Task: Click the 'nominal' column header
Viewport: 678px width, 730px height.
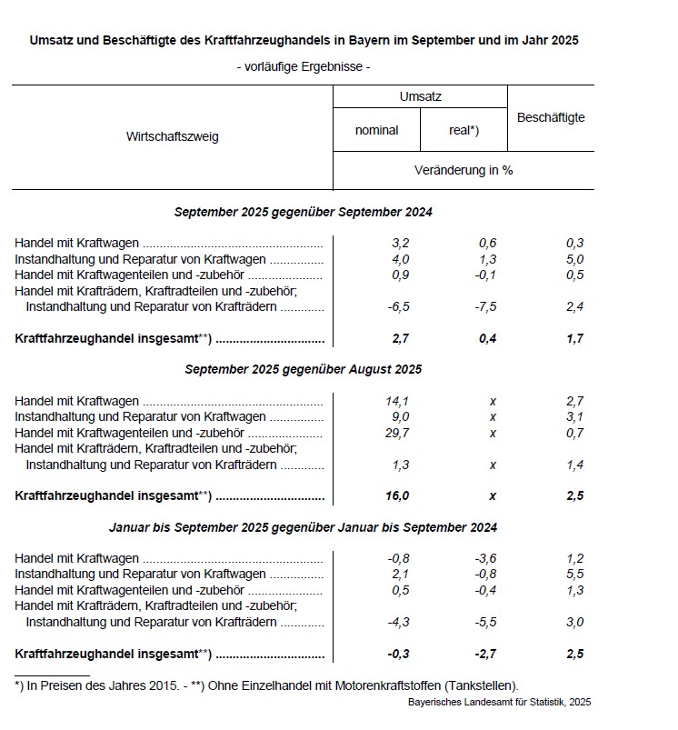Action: [376, 130]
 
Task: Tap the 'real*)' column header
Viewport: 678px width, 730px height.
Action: [464, 130]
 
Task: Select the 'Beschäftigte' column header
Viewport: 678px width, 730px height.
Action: [550, 117]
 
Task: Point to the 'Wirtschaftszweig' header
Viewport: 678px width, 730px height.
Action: [173, 137]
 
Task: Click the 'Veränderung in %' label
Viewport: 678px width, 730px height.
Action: [463, 170]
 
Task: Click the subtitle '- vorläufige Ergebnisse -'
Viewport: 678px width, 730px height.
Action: [303, 66]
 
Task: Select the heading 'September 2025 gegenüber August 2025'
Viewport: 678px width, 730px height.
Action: [303, 370]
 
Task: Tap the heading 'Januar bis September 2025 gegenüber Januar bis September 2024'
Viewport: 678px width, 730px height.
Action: [303, 527]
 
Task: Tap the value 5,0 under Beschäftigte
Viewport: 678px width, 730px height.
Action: [573, 259]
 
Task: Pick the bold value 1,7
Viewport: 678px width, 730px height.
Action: [573, 339]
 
